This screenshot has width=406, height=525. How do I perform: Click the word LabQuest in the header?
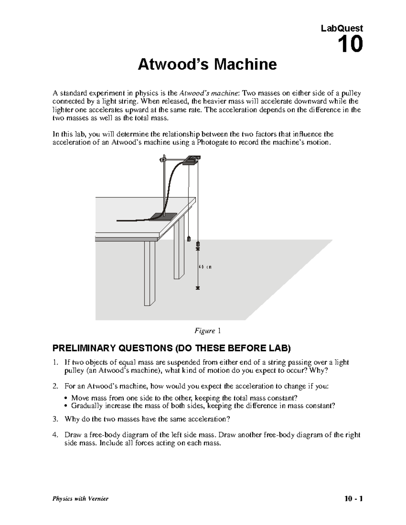coord(342,28)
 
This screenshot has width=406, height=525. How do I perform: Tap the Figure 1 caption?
coord(207,331)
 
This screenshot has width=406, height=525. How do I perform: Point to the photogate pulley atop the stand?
coord(192,160)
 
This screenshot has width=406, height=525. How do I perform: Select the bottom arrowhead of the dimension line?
coord(198,288)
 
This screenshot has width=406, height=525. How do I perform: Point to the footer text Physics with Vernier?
coord(80,499)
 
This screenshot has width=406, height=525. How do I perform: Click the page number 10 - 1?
coord(353,499)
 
